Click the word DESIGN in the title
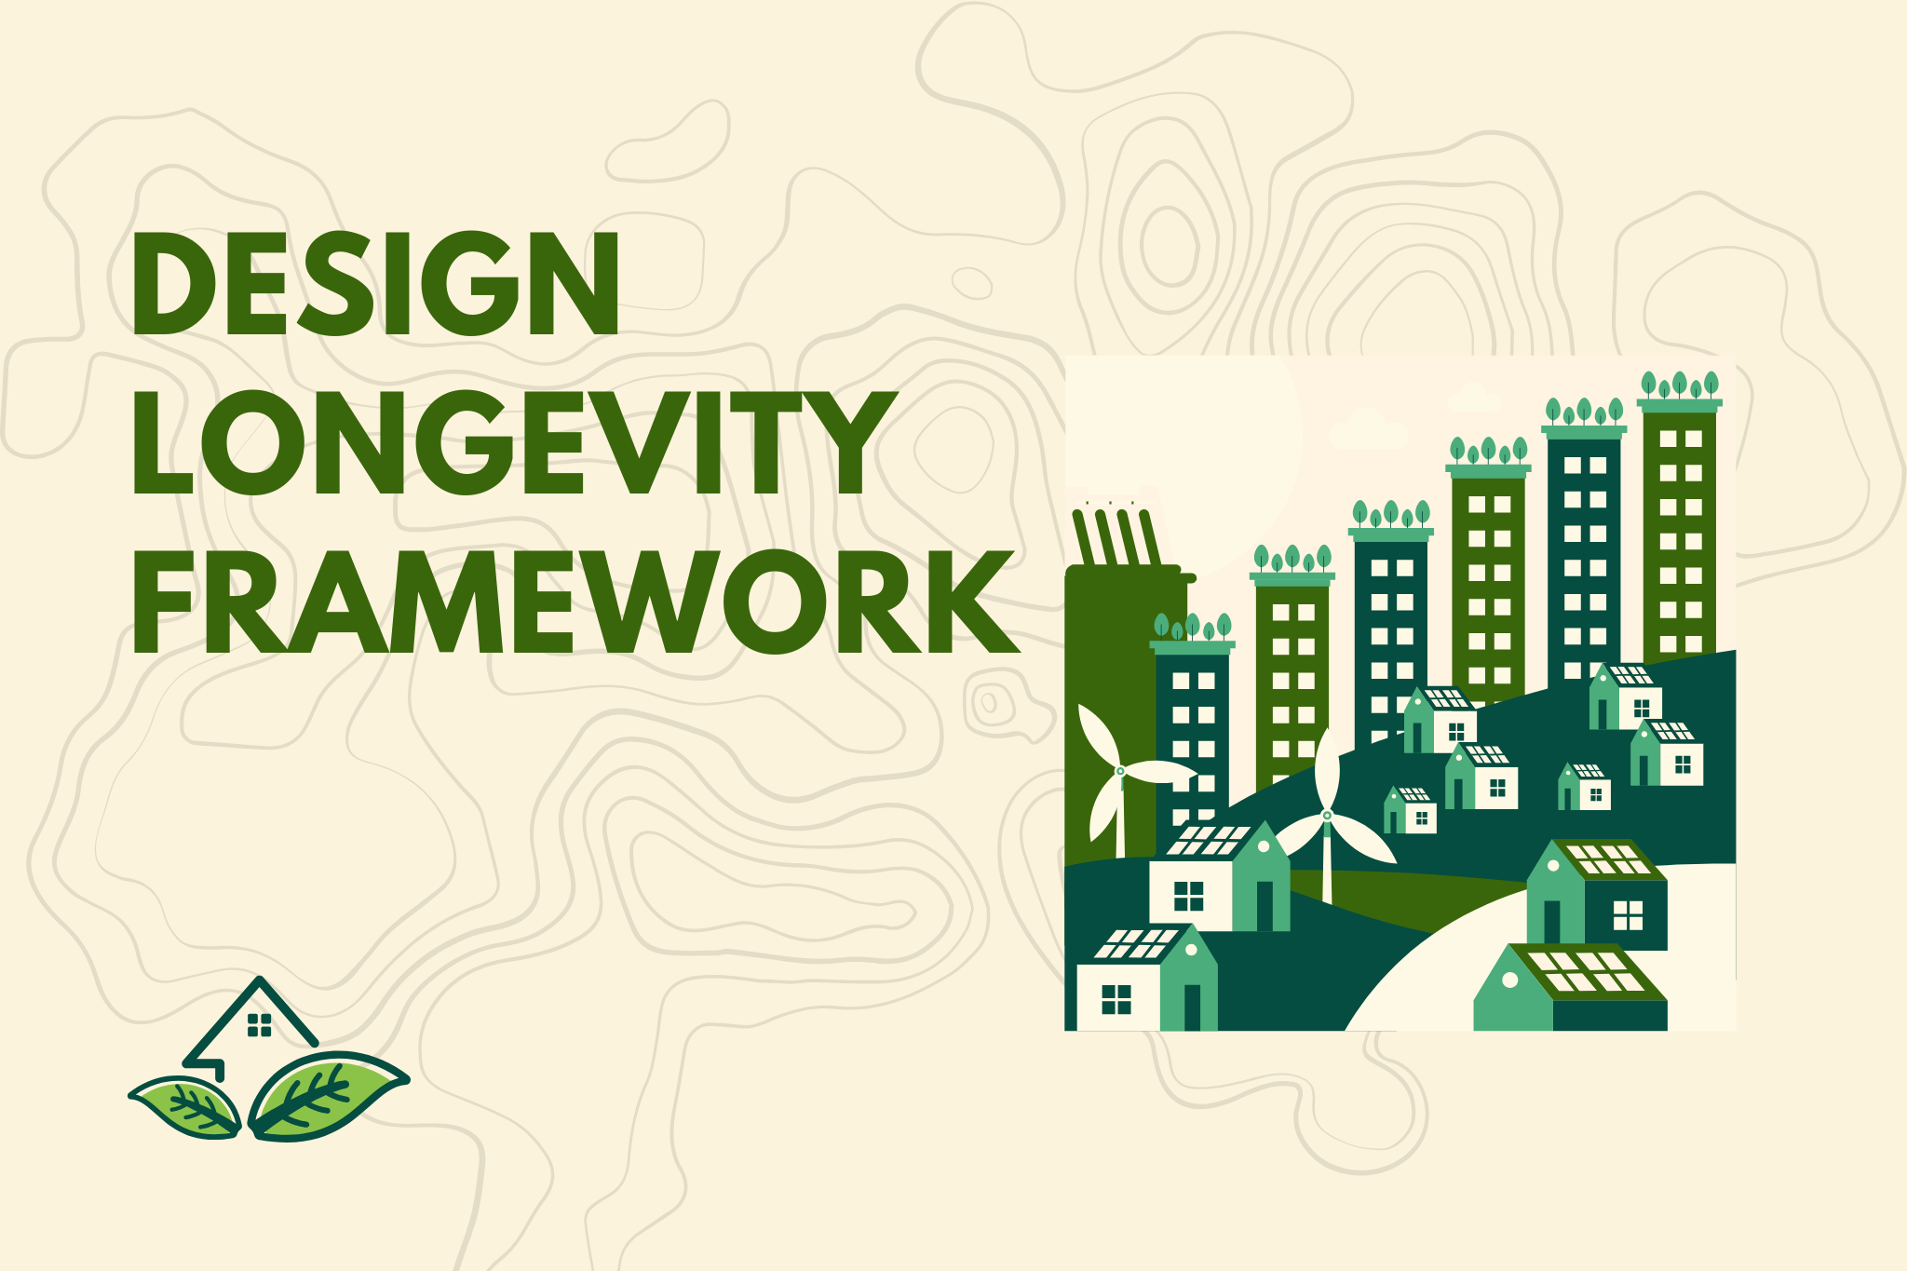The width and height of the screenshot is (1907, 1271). tap(375, 283)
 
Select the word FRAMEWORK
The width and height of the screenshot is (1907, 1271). tap(575, 603)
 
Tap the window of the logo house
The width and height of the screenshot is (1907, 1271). tap(259, 1025)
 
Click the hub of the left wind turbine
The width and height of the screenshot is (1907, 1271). tap(1120, 771)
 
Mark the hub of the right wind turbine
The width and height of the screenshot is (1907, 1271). tap(1327, 815)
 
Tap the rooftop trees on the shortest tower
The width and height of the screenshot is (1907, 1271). tap(1192, 626)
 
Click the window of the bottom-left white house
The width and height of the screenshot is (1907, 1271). tap(1116, 999)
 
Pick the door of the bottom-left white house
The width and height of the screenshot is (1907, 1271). tap(1192, 1007)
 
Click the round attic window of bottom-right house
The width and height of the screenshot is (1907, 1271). tap(1510, 980)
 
